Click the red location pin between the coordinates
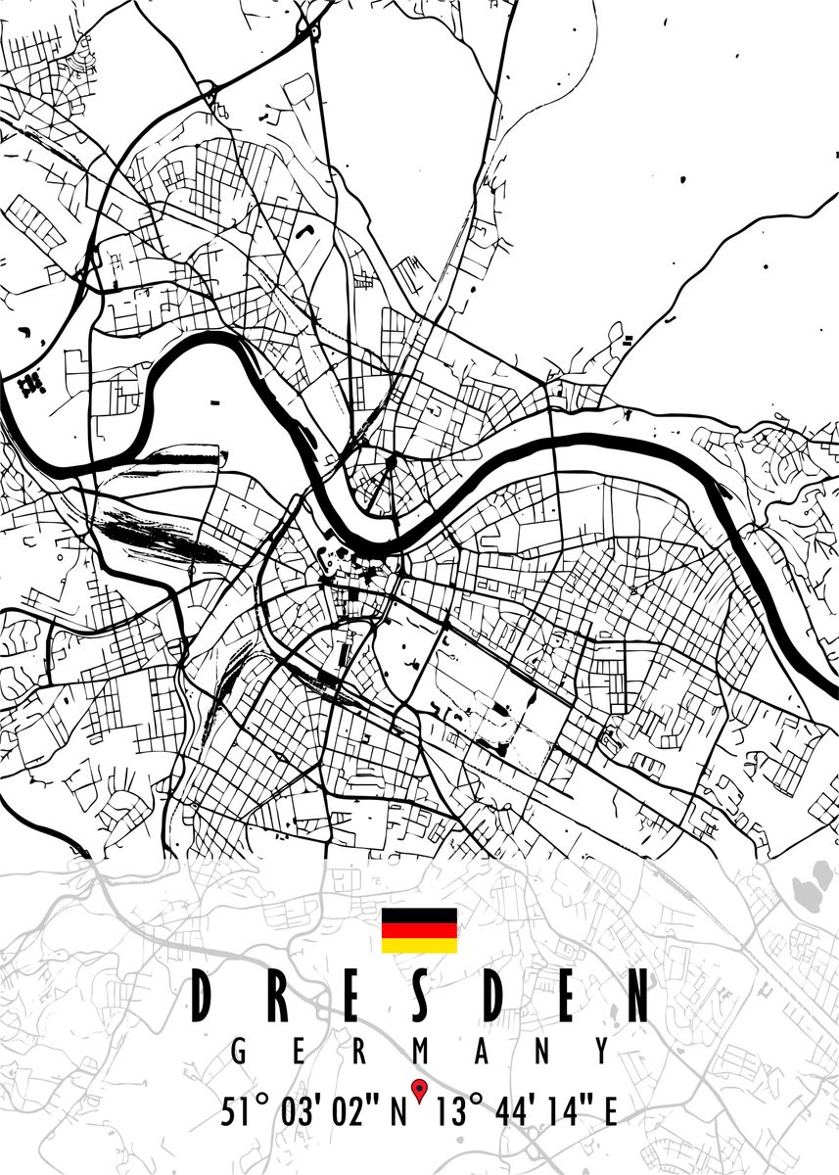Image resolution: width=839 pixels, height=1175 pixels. (419, 1088)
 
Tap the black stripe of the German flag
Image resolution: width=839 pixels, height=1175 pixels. (419, 915)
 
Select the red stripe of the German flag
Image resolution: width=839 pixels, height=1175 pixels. (419, 930)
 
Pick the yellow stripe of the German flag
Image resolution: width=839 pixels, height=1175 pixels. (419, 945)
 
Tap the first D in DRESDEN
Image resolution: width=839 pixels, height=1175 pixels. (203, 997)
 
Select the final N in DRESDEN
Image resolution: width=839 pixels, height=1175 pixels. (637, 997)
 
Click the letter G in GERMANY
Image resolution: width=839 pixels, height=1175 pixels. (238, 1052)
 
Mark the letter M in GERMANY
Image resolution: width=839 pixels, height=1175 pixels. (421, 1052)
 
